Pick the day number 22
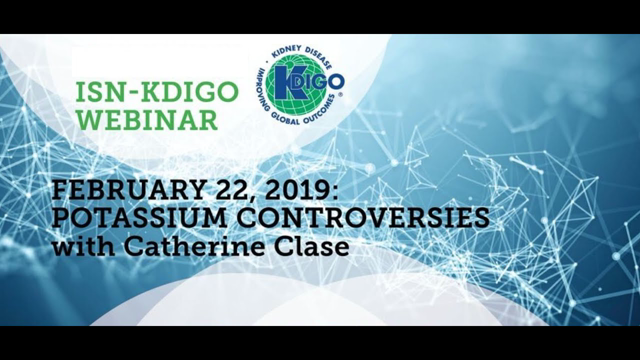240,191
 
